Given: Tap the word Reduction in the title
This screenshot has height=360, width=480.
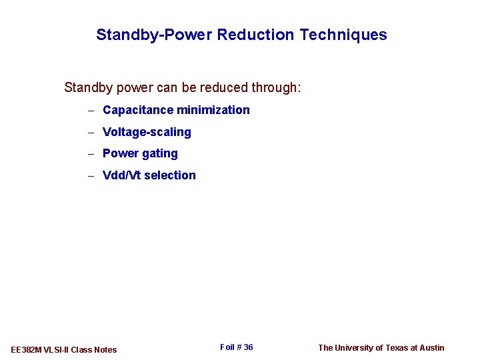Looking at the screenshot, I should coord(256,35).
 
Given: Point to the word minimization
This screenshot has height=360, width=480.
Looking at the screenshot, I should coord(213,110).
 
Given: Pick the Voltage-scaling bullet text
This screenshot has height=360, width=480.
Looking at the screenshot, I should coord(147,132).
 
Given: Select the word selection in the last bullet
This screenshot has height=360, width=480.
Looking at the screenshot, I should coord(170,175).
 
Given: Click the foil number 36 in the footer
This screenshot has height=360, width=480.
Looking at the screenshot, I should coord(248,347).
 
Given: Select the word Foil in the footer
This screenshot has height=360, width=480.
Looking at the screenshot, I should coord(227,347).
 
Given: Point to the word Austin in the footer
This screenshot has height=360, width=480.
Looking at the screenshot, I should coord(432,347).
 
